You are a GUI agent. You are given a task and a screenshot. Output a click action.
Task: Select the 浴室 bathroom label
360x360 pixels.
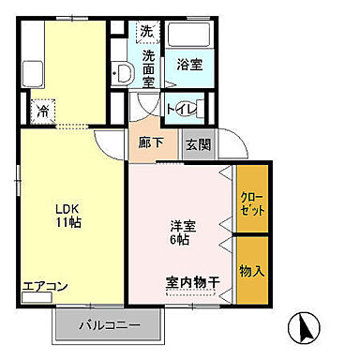189,65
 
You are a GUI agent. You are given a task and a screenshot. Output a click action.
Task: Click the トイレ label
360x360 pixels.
182,110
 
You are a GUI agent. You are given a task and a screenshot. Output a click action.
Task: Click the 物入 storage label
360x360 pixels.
251,272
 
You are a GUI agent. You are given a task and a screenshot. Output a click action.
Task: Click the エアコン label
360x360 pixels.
40,287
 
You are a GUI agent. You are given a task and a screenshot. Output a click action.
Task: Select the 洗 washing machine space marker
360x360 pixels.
146,32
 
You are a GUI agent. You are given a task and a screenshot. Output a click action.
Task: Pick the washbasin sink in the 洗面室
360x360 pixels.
122,72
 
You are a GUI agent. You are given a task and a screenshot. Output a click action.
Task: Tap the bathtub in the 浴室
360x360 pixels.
192,40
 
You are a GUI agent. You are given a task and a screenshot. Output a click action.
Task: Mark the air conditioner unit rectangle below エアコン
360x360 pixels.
37,300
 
